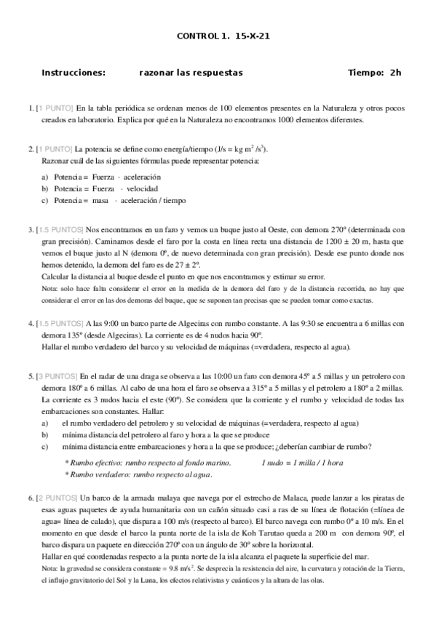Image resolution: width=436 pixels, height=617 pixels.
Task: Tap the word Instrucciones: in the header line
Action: (74, 73)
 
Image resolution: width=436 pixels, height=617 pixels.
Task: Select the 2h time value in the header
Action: (395, 73)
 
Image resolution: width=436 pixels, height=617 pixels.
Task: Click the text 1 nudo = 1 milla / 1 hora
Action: (301, 462)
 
